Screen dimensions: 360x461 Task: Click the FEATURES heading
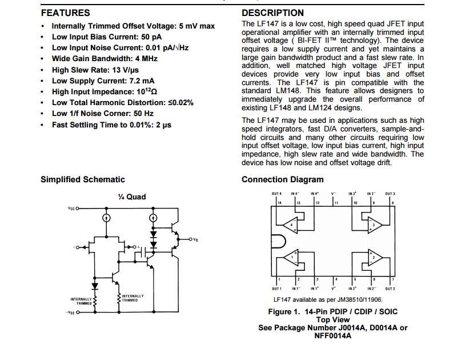pyautogui.click(x=65, y=13)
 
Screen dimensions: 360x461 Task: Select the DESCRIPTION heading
pyautogui.click(x=273, y=13)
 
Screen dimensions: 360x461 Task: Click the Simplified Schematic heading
pyautogui.click(x=82, y=179)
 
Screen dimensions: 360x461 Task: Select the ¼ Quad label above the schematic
pyautogui.click(x=132, y=197)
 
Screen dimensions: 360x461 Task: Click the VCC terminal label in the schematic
pyautogui.click(x=71, y=209)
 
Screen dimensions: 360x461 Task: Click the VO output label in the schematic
pyautogui.click(x=195, y=240)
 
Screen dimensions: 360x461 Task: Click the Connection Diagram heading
pyautogui.click(x=282, y=179)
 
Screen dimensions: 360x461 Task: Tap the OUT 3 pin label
pyautogui.click(x=390, y=194)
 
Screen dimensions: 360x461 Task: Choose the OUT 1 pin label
pyautogui.click(x=277, y=289)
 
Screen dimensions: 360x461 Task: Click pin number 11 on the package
pyautogui.click(x=336, y=203)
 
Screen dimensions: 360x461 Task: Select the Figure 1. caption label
pyautogui.click(x=284, y=311)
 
